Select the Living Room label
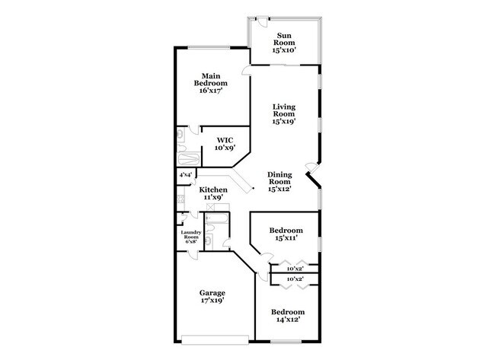[x=284, y=113]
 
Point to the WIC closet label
[x=225, y=145]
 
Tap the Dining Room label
[x=280, y=183]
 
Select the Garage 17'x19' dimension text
[x=212, y=300]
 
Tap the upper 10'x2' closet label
[x=295, y=269]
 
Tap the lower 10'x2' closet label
[x=295, y=280]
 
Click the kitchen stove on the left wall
[x=181, y=199]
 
